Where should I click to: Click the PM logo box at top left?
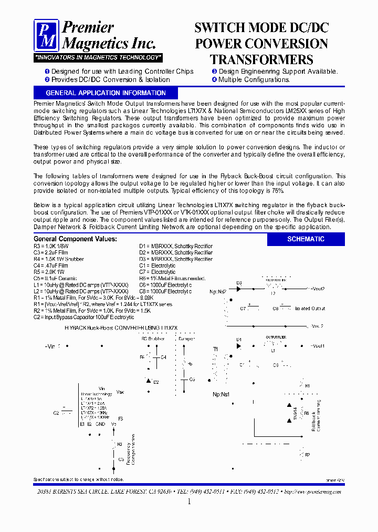(47, 35)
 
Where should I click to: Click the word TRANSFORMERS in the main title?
(261, 59)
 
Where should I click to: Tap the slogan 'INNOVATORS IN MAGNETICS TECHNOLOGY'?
(98, 57)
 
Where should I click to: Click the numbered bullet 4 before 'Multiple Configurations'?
(214, 80)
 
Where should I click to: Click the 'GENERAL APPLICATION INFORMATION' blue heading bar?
(106, 93)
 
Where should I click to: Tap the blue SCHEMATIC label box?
(306, 239)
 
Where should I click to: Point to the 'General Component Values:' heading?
(75, 239)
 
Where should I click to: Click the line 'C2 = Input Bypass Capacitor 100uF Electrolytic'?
(83, 318)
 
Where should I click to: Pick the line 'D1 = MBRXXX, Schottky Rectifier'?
(176, 246)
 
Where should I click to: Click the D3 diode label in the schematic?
(238, 283)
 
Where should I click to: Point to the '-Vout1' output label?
(317, 346)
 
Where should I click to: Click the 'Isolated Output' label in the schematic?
(310, 309)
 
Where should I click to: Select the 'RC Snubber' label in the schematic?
(153, 339)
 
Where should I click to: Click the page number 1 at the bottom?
(189, 502)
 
